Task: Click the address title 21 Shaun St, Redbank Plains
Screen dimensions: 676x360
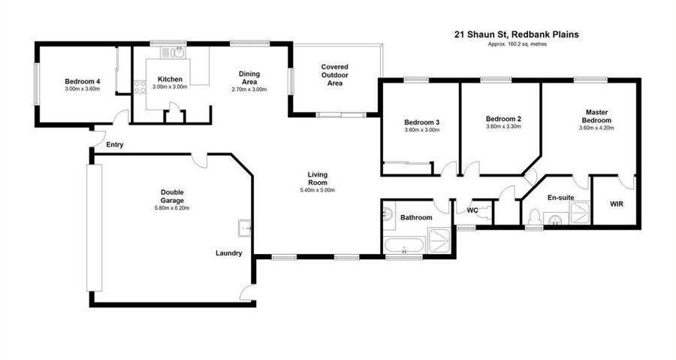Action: (x=517, y=35)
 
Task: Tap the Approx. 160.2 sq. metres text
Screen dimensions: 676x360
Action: (x=517, y=44)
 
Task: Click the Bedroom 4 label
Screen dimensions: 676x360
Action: (x=83, y=81)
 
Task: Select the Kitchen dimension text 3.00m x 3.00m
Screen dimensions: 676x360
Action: (x=170, y=86)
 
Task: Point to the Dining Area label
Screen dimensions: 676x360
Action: (x=249, y=78)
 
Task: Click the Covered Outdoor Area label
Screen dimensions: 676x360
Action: (x=334, y=75)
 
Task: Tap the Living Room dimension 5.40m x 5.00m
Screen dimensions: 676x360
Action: (x=317, y=190)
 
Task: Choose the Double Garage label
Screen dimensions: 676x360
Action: (x=172, y=196)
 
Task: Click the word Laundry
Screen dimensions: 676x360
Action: (x=228, y=253)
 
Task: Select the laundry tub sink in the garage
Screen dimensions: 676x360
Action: (x=244, y=228)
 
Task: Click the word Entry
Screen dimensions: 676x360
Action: (x=115, y=145)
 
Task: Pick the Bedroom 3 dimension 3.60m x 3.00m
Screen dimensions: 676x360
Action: (x=421, y=130)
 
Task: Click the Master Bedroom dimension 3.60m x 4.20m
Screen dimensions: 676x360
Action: (x=596, y=128)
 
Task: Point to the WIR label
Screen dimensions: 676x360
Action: (x=617, y=204)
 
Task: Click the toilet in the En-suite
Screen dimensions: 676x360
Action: (x=534, y=217)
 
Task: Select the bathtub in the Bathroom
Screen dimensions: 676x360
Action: (x=404, y=245)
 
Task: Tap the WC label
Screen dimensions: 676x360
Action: (x=472, y=211)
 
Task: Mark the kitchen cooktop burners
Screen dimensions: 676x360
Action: (x=140, y=87)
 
